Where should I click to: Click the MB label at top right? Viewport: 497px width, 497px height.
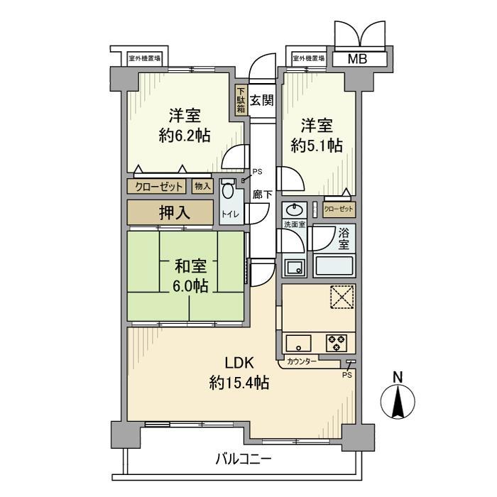[357, 59]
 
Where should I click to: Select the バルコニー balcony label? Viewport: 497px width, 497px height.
[243, 459]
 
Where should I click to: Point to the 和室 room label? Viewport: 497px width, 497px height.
[190, 267]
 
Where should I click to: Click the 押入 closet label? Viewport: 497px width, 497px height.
[170, 212]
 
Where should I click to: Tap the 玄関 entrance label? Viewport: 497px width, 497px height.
[261, 99]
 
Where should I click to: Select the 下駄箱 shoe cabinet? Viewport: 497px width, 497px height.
[241, 101]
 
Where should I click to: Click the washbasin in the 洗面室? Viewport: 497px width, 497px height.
[293, 211]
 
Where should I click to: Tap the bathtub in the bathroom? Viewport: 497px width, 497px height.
[334, 267]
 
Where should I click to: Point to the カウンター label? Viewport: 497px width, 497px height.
[302, 362]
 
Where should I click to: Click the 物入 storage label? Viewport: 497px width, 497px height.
[202, 187]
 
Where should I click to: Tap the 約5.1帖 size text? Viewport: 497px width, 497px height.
[317, 146]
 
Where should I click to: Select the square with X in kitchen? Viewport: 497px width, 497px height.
[341, 297]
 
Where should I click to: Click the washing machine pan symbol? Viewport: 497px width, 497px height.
[293, 267]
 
